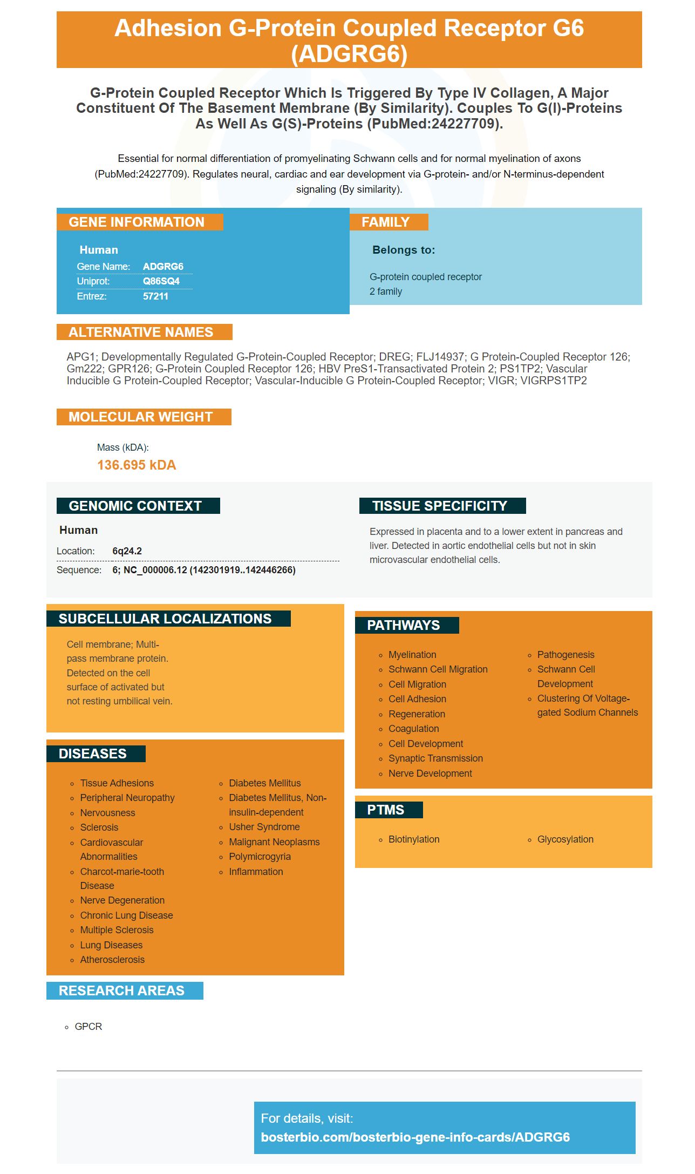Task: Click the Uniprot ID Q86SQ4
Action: coord(161,281)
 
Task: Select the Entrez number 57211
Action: coord(155,296)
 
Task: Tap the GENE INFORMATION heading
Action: coord(137,222)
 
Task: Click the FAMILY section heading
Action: coord(385,222)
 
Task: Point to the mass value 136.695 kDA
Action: coord(137,465)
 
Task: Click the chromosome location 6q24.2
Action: coord(127,551)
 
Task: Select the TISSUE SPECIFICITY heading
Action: coord(439,506)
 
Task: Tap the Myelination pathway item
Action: coord(412,655)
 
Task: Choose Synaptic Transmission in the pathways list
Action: coord(435,758)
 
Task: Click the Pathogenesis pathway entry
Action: coord(565,655)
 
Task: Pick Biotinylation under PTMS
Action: coord(414,839)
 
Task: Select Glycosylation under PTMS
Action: coord(565,839)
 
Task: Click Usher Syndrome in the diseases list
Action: coord(264,827)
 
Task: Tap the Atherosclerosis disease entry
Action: coord(112,960)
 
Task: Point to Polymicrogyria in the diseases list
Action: coord(260,857)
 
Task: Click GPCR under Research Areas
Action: coord(88,1027)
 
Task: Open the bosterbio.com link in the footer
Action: coord(415,1137)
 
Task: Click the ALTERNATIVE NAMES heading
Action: coord(141,332)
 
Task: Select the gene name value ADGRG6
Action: coord(163,267)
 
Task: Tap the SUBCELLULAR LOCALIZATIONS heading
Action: coord(165,619)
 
